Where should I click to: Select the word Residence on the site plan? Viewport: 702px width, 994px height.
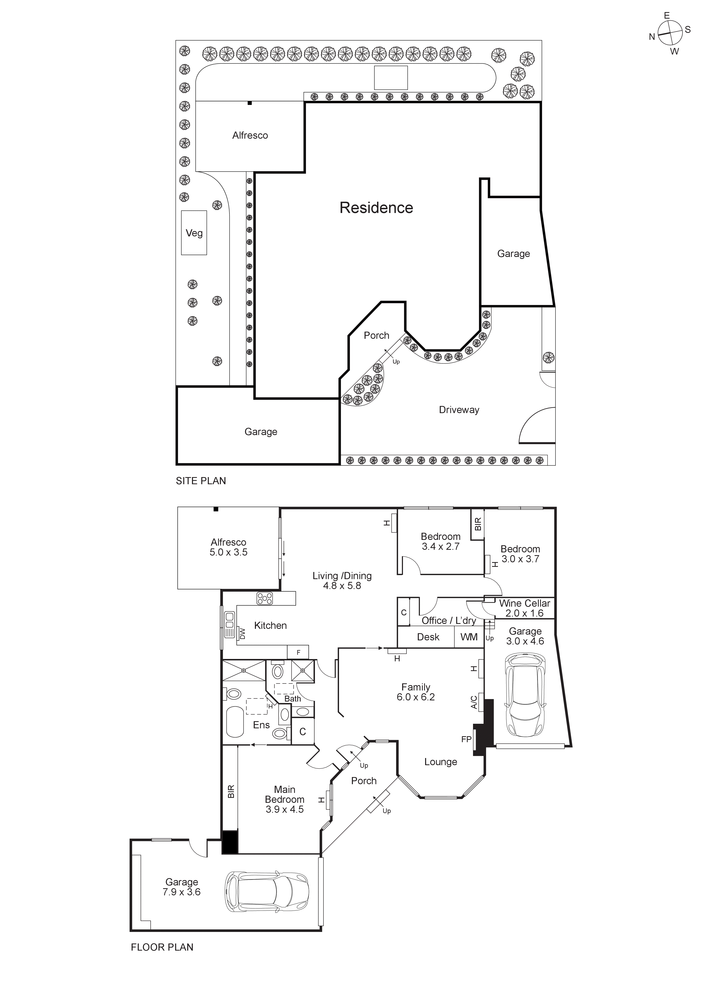pos(376,208)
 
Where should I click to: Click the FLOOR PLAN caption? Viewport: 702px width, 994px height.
pos(162,947)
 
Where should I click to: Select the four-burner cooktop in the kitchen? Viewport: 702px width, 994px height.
pos(265,598)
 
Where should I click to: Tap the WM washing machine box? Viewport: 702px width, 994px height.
pos(469,637)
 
